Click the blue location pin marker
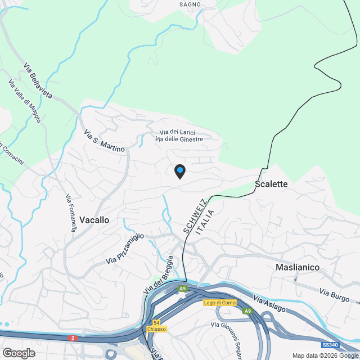coord(179,171)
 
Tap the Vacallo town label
coord(94,220)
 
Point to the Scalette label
coord(271,184)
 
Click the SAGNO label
coord(190,4)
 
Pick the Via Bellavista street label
coord(38,82)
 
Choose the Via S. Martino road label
coord(104,141)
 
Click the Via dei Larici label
coord(177,132)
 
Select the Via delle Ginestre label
coord(179,139)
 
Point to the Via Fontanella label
coord(70,213)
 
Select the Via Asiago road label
coord(269,304)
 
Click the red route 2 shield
coord(73,338)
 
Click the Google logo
coord(19,353)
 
